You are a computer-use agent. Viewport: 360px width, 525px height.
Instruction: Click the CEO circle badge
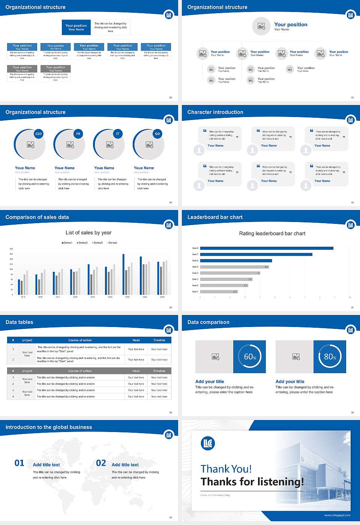click(x=38, y=134)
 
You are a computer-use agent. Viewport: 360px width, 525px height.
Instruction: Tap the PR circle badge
click(x=78, y=134)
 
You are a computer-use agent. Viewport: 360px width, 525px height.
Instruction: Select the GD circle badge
click(x=157, y=134)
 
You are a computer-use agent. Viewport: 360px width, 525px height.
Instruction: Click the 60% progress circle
click(x=250, y=357)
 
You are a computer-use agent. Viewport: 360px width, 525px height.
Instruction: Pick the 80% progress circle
click(x=330, y=357)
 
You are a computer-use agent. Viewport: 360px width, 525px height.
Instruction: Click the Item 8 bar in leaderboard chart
click(x=267, y=248)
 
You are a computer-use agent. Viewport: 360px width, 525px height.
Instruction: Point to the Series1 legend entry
click(x=67, y=243)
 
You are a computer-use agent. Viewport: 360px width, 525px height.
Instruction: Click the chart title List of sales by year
click(x=88, y=232)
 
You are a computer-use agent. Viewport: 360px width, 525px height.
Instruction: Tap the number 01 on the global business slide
click(x=19, y=463)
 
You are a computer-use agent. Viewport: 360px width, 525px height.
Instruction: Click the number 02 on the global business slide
click(x=101, y=463)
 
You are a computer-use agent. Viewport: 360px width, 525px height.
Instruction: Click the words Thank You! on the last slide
click(x=226, y=469)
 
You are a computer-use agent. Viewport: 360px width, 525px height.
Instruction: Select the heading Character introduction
click(x=215, y=112)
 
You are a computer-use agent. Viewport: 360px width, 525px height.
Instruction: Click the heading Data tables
click(x=19, y=322)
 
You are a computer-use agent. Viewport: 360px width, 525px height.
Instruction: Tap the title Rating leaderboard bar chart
click(x=272, y=233)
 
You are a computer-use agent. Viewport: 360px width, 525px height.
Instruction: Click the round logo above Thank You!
click(x=208, y=443)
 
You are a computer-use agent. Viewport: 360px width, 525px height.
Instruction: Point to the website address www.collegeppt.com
click(x=337, y=515)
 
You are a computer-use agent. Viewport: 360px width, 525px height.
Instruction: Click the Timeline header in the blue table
click(x=159, y=340)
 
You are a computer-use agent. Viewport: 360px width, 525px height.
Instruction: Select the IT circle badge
click(x=118, y=134)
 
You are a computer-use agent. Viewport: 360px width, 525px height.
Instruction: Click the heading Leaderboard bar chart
click(x=215, y=217)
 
